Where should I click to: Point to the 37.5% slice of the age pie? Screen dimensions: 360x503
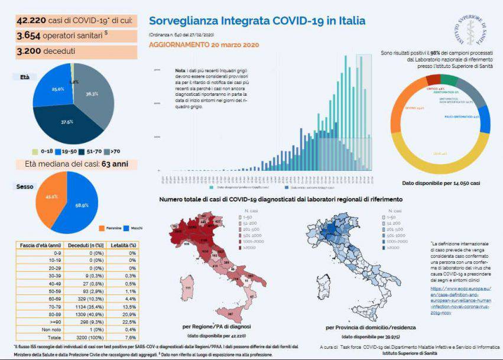coord(70,123)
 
